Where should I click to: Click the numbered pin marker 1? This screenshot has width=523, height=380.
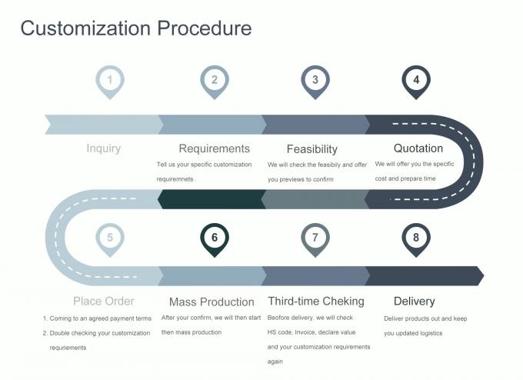pyautogui.click(x=110, y=80)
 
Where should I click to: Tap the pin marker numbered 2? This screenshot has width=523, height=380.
pyautogui.click(x=215, y=80)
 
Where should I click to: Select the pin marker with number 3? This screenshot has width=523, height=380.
pyautogui.click(x=315, y=80)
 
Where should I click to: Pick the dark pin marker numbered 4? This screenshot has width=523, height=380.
pyautogui.click(x=416, y=80)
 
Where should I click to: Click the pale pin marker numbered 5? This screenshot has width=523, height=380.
pyautogui.click(x=110, y=238)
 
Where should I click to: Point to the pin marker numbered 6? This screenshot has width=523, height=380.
pyautogui.click(x=215, y=238)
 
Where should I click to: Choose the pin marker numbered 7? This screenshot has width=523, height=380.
pyautogui.click(x=315, y=238)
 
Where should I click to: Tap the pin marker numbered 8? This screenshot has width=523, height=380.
pyautogui.click(x=416, y=238)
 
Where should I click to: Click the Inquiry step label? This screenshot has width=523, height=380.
pyautogui.click(x=104, y=148)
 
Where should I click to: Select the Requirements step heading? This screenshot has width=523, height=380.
pyautogui.click(x=214, y=148)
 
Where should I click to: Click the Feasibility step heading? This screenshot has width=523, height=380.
pyautogui.click(x=311, y=149)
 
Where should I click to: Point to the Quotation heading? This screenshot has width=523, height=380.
pyautogui.click(x=418, y=148)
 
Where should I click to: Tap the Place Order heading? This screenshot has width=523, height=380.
pyautogui.click(x=104, y=301)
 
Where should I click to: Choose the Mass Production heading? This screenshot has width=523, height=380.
pyautogui.click(x=212, y=302)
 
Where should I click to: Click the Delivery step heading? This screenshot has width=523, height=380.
pyautogui.click(x=414, y=301)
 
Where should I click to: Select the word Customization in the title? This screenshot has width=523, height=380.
pyautogui.click(x=86, y=29)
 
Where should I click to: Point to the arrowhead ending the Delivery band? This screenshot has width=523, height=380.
pyautogui.click(x=479, y=275)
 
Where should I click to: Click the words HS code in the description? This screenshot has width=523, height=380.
pyautogui.click(x=280, y=332)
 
